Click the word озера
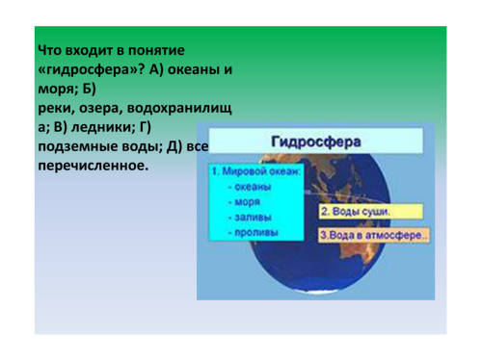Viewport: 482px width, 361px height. (101, 109)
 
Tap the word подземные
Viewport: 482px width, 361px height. (78, 146)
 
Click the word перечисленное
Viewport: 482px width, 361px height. (94, 166)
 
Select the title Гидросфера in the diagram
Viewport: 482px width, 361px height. (316, 142)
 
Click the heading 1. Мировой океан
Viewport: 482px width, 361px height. (256, 171)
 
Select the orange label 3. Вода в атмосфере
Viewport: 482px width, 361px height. (374, 235)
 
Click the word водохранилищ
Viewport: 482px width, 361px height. (179, 108)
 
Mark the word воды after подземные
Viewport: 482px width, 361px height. (142, 146)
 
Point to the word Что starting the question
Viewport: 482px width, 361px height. (49, 50)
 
